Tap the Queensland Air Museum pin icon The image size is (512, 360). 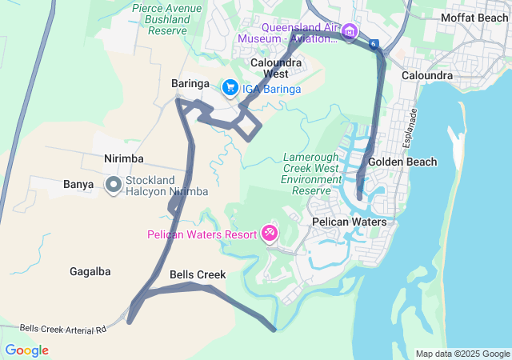click(x=349, y=32)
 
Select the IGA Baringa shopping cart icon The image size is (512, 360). click(x=230, y=86)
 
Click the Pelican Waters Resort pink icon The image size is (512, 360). click(x=270, y=234)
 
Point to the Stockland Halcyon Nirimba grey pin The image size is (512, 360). click(x=114, y=186)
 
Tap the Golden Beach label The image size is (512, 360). click(x=402, y=162)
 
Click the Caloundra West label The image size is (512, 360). click(x=276, y=68)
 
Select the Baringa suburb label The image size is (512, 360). click(x=190, y=83)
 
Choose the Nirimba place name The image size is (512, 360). click(x=123, y=158)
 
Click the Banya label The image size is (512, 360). click(x=79, y=184)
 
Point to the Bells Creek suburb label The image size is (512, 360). click(x=198, y=274)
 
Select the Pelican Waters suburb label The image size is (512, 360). click(x=349, y=222)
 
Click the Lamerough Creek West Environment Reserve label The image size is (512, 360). click(x=312, y=174)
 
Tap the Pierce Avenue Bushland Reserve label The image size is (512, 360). click(x=168, y=19)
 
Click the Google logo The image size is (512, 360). click(x=26, y=350)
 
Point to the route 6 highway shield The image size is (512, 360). click(x=374, y=42)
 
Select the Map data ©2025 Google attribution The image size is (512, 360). click(x=462, y=354)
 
